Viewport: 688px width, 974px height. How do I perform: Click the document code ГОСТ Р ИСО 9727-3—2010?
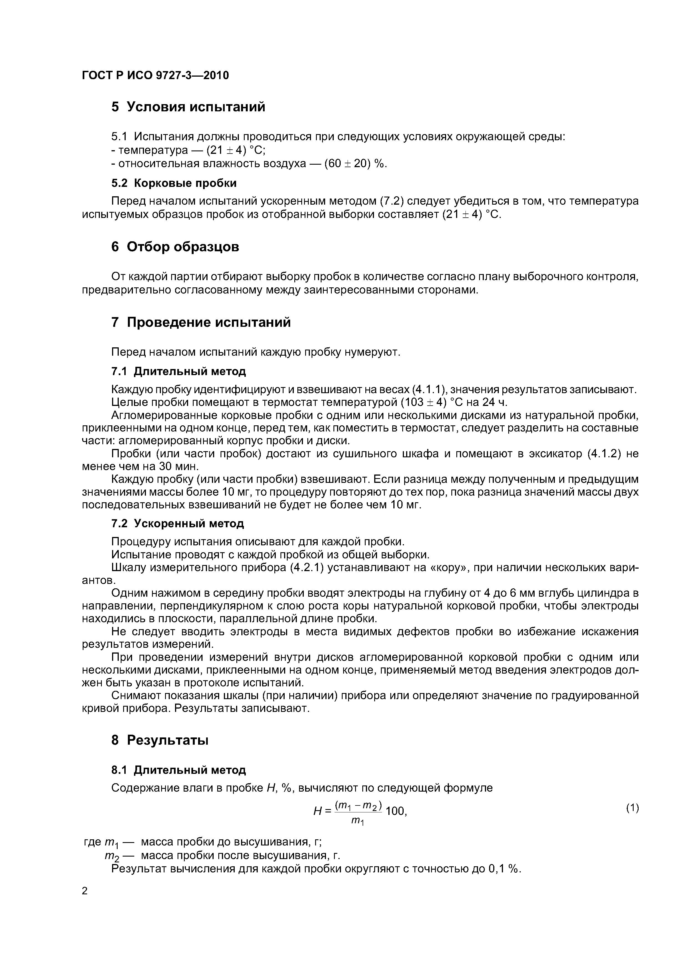pos(155,76)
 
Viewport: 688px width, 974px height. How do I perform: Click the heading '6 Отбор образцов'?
pos(175,247)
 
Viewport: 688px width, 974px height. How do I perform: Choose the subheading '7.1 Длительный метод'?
pos(178,371)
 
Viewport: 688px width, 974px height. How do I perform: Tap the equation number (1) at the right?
pos(632,809)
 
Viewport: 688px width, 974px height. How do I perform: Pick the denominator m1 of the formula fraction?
pos(358,822)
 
